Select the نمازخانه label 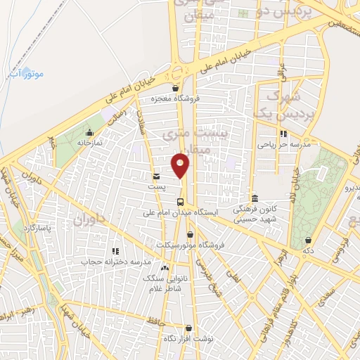coord(89,142)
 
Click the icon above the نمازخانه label coord(89,132)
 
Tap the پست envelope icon coord(156,176)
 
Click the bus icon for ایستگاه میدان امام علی coord(180,202)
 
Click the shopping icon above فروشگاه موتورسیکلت coord(190,235)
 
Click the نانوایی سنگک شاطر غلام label coord(163,283)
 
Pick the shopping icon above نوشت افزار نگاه coord(188,328)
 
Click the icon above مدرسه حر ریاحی coord(283,134)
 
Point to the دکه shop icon coord(307,240)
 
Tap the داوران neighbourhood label coord(88,220)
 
